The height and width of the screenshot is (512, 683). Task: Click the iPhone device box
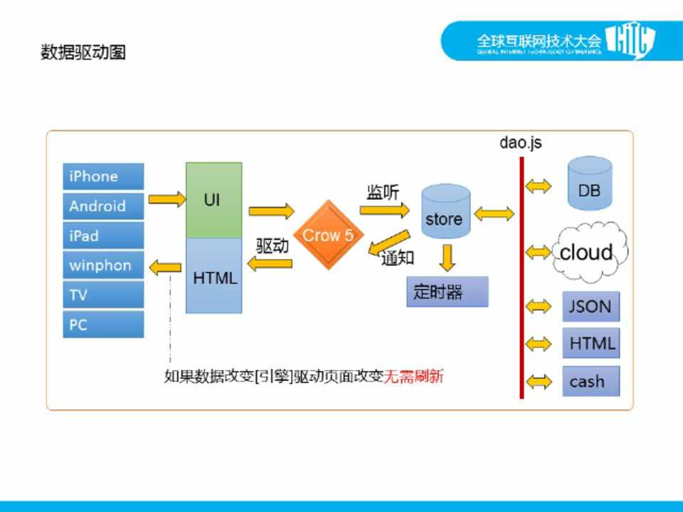103,176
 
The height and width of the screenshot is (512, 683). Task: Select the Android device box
103,206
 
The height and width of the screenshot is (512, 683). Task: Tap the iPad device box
103,236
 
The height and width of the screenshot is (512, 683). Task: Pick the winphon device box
103,266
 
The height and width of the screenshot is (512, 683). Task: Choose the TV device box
103,295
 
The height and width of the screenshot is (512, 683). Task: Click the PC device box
103,325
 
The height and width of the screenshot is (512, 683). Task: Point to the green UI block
213,201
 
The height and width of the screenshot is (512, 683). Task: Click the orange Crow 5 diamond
328,235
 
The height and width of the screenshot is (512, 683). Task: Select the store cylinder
445,214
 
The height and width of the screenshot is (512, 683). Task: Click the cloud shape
588,252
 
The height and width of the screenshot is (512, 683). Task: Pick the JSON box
591,306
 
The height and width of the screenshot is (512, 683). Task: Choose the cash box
591,381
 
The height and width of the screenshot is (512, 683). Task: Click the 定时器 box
448,292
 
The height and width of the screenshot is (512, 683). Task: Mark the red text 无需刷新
414,376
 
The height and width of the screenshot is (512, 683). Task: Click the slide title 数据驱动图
83,52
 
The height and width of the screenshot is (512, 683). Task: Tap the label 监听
383,193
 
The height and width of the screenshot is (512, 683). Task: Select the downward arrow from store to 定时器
447,257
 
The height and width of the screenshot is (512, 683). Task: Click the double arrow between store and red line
494,213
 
